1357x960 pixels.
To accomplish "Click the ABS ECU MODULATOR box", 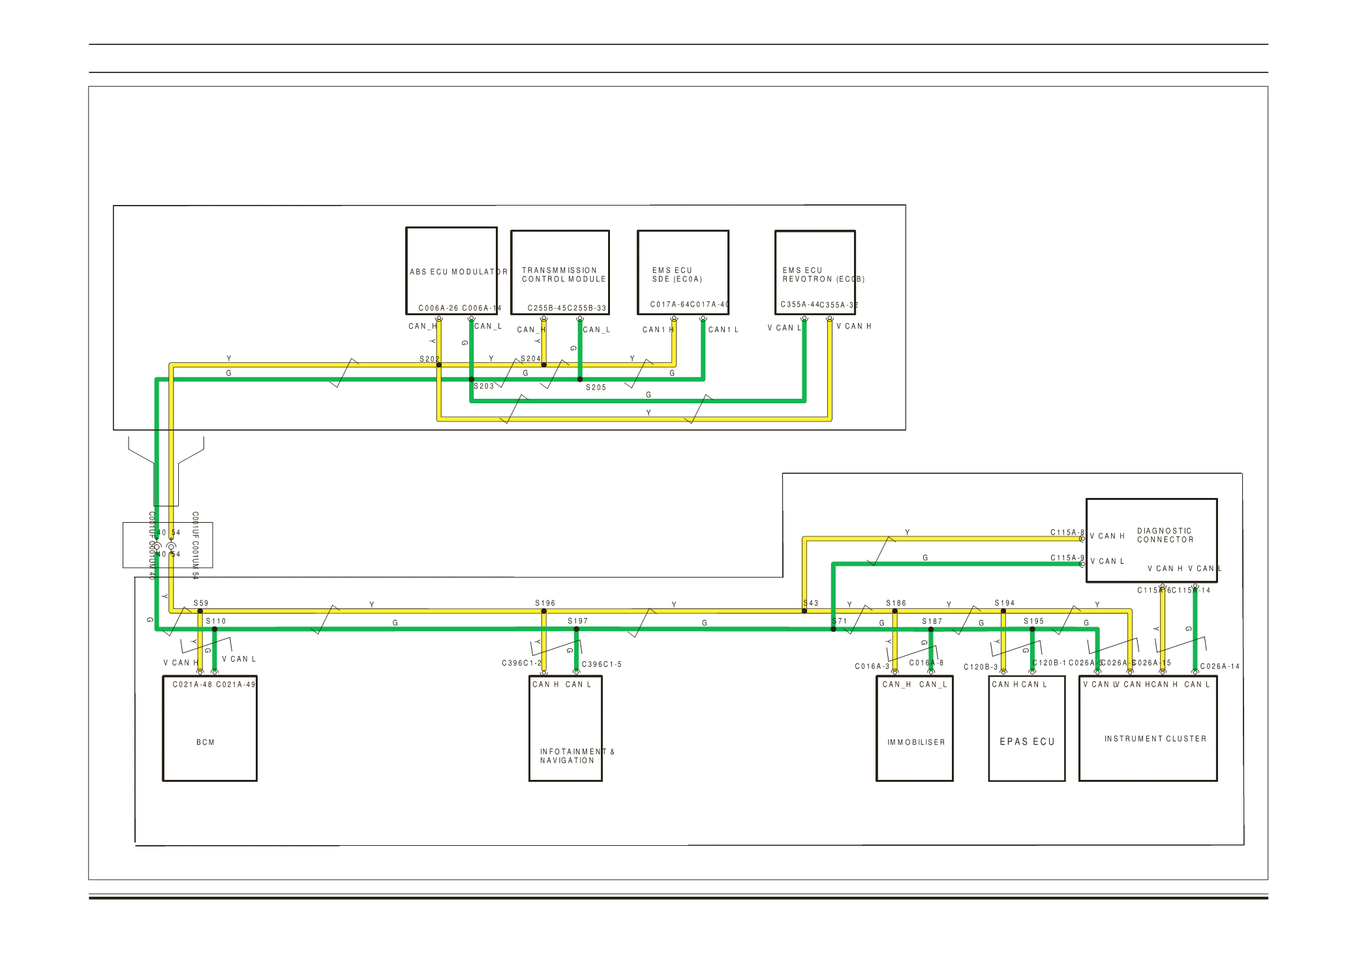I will pyautogui.click(x=451, y=271).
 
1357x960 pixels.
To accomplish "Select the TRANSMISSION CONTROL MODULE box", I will pyautogui.click(x=560, y=272).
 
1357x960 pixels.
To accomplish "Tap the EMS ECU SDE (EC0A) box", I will pyautogui.click(x=682, y=272).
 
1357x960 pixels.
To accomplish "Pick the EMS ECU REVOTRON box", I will pyautogui.click(x=815, y=272).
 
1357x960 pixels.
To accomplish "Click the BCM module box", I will pyautogui.click(x=209, y=728).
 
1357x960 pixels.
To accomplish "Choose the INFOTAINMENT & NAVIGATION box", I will pyautogui.click(x=565, y=728).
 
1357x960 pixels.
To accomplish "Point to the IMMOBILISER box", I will pyautogui.click(x=914, y=728).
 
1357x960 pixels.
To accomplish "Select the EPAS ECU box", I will pyautogui.click(x=1026, y=728).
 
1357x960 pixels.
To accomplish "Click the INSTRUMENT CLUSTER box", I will pyautogui.click(x=1148, y=728).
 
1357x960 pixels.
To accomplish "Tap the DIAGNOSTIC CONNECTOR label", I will pyautogui.click(x=1165, y=535).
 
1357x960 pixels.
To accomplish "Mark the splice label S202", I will pyautogui.click(x=429, y=359).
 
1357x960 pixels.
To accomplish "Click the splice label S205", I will pyautogui.click(x=596, y=388).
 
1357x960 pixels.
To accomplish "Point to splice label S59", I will pyautogui.click(x=201, y=603).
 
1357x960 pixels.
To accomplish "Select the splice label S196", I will pyautogui.click(x=545, y=603).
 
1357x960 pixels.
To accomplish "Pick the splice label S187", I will pyautogui.click(x=932, y=621).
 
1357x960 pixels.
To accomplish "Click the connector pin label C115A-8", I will pyautogui.click(x=1067, y=533).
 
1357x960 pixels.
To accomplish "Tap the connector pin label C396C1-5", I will pyautogui.click(x=602, y=664).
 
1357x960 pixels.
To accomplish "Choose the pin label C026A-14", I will pyautogui.click(x=1219, y=666).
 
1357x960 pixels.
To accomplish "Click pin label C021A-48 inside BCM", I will pyautogui.click(x=192, y=685).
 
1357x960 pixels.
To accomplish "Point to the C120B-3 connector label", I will pyautogui.click(x=981, y=667).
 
